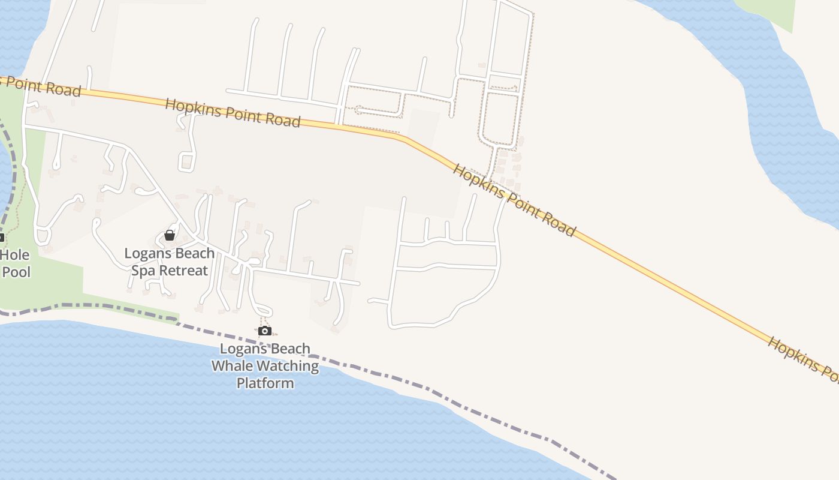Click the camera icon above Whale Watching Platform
pos(265,331)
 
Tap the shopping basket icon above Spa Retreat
pos(170,235)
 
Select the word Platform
pos(265,383)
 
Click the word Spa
pos(143,271)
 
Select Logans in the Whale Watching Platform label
pos(242,349)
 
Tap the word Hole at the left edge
pos(14,255)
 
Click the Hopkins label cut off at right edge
pos(803,358)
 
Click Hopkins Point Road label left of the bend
pos(233,113)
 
